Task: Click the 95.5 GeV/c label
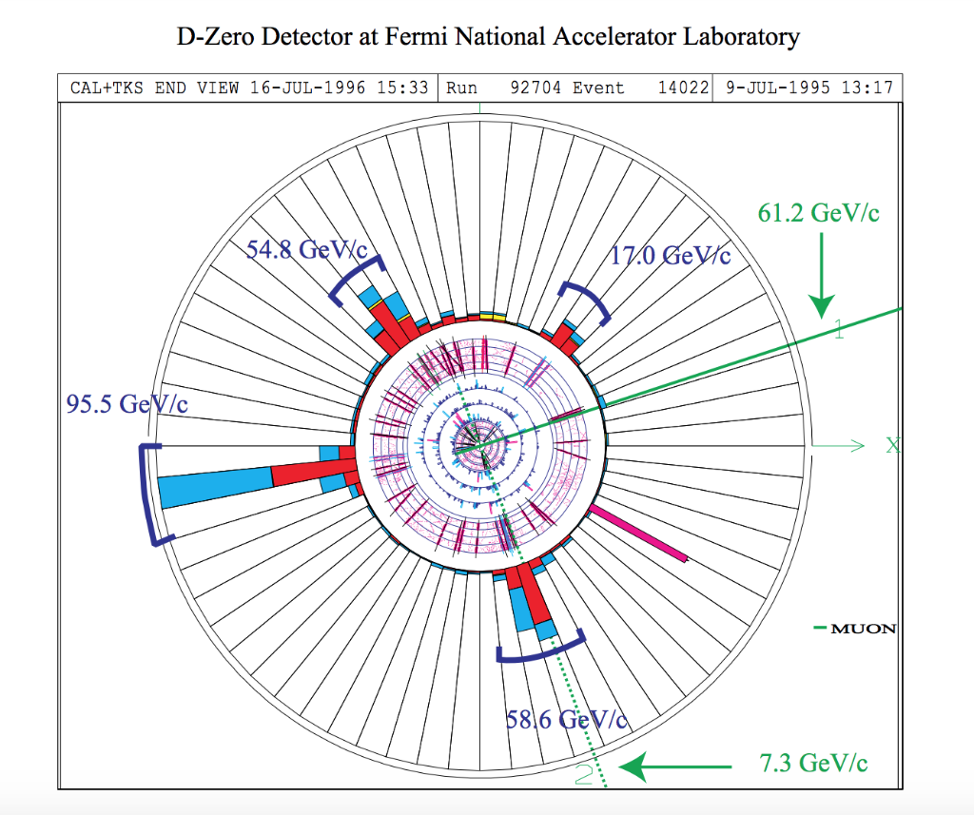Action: pyautogui.click(x=127, y=404)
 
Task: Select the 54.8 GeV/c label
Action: pyautogui.click(x=306, y=250)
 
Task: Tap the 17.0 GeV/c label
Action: pyautogui.click(x=670, y=256)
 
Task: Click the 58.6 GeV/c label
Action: pyautogui.click(x=566, y=720)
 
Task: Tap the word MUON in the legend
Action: pyautogui.click(x=863, y=629)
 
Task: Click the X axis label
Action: pyautogui.click(x=892, y=445)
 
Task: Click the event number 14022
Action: pyautogui.click(x=683, y=88)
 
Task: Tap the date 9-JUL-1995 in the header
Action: pyautogui.click(x=771, y=88)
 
